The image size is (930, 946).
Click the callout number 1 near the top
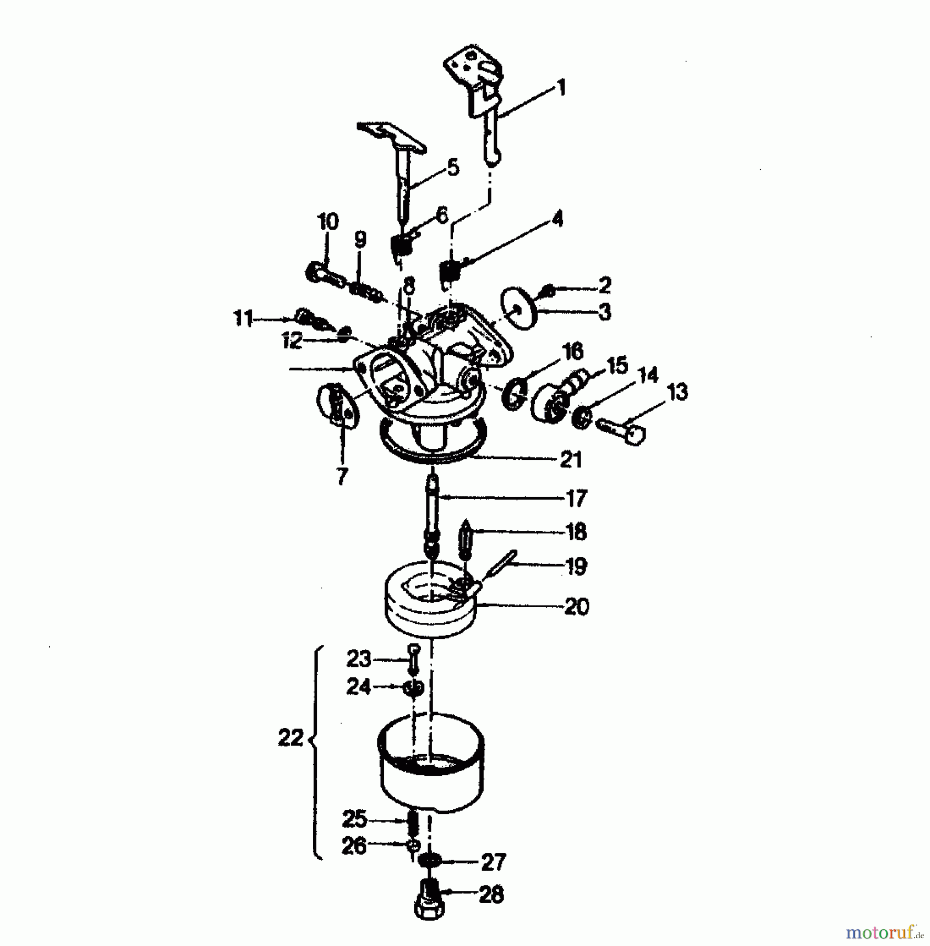pos(561,87)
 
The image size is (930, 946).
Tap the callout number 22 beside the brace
pos(290,738)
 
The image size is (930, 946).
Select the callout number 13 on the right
pos(678,392)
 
